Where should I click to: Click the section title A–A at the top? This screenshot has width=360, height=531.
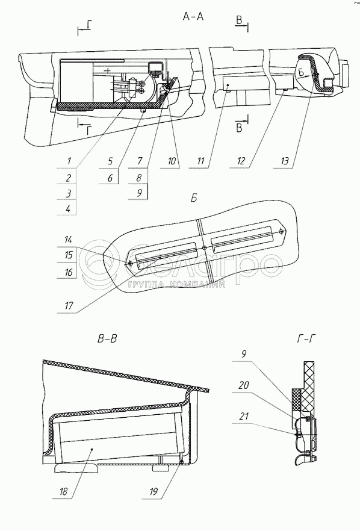click(x=193, y=16)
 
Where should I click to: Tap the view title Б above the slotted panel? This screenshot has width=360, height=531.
click(x=194, y=198)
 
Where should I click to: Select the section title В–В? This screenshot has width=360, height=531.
click(x=107, y=338)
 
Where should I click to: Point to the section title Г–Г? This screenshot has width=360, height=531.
click(x=306, y=338)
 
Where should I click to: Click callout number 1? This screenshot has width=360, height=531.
click(x=69, y=160)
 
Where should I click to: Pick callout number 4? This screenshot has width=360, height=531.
click(x=69, y=208)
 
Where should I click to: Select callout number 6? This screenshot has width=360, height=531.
click(x=110, y=177)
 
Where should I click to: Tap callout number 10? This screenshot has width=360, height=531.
click(x=172, y=161)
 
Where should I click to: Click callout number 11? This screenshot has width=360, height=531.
click(x=201, y=161)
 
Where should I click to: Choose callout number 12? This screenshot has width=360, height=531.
click(x=241, y=161)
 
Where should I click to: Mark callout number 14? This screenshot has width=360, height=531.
click(x=69, y=240)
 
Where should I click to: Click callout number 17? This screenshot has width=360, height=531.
click(x=69, y=306)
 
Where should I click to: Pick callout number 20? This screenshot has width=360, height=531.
click(x=243, y=385)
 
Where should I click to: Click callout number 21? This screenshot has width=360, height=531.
click(x=243, y=416)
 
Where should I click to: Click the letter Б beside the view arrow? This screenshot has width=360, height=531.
click(x=302, y=72)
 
